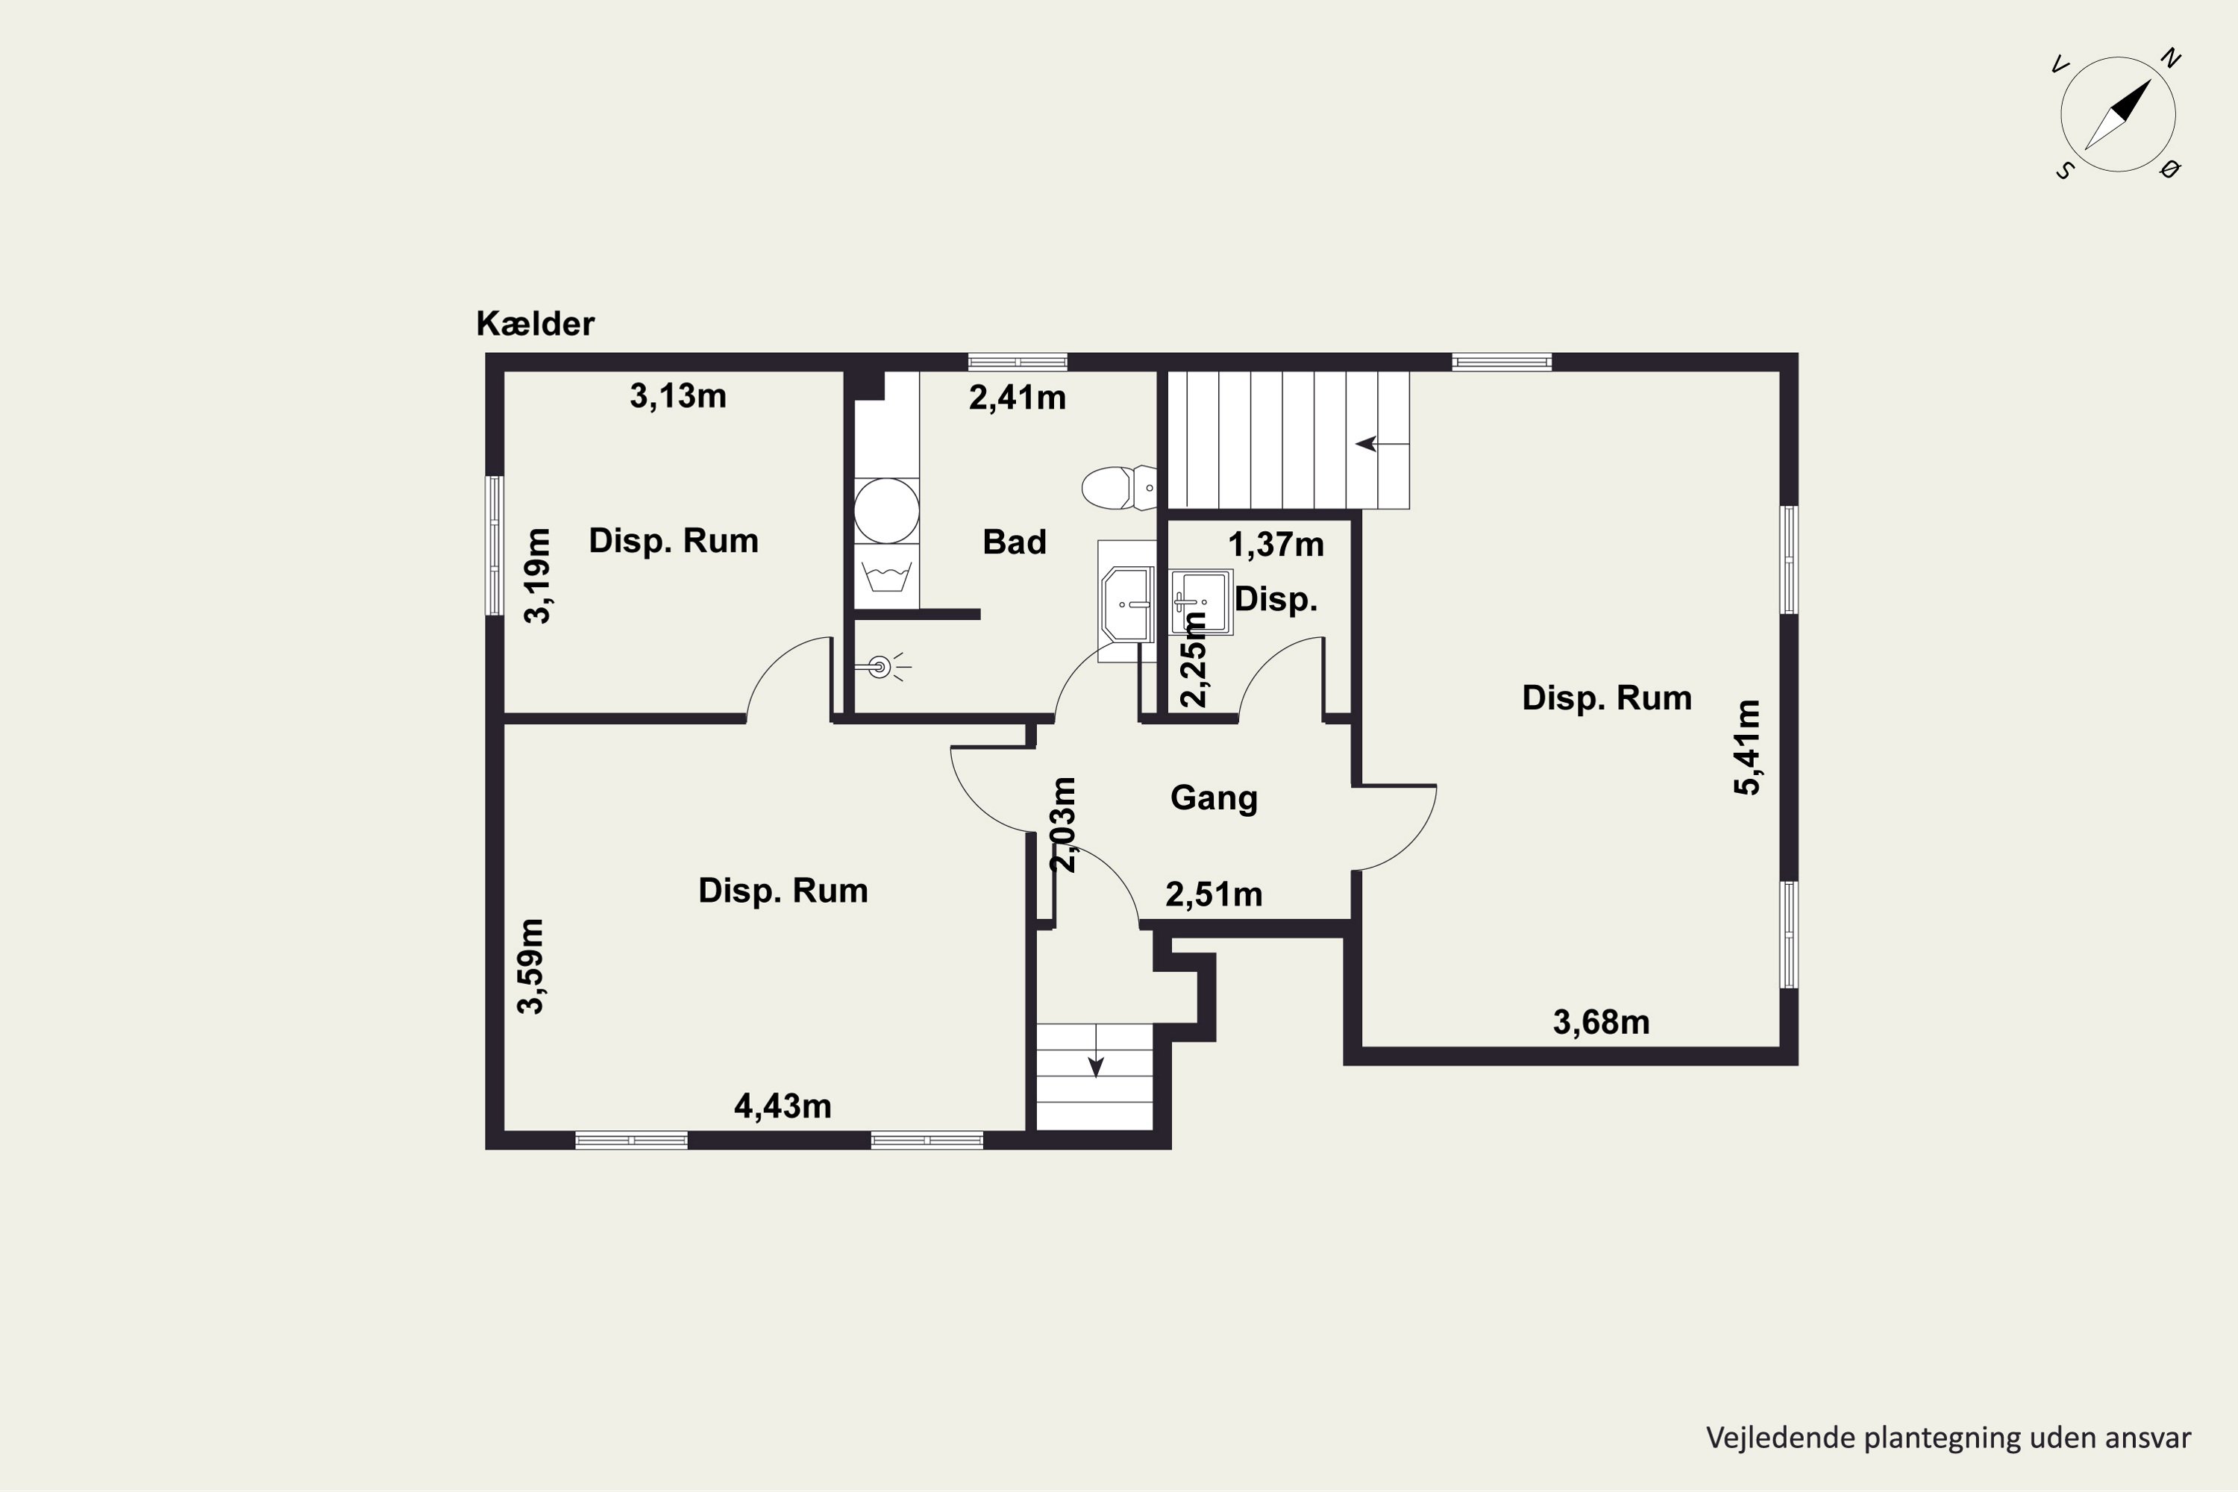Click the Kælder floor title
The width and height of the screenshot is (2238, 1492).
[535, 324]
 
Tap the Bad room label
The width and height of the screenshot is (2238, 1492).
[1015, 542]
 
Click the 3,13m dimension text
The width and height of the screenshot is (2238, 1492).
[677, 396]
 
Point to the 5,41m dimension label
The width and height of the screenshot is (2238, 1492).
[1747, 747]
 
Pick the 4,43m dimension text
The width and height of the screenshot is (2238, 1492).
[782, 1106]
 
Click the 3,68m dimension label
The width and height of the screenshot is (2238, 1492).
[1602, 1022]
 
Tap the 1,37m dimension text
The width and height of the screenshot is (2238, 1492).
[1276, 545]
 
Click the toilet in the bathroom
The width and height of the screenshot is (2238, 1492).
[1119, 488]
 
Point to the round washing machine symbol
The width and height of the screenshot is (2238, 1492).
[886, 511]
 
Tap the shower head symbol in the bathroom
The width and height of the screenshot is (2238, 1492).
[880, 667]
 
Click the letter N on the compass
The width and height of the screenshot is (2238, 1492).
[2170, 58]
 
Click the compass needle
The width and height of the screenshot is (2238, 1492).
[2118, 114]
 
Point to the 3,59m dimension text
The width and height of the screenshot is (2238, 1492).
[531, 966]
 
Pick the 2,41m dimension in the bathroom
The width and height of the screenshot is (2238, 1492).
[1018, 398]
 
